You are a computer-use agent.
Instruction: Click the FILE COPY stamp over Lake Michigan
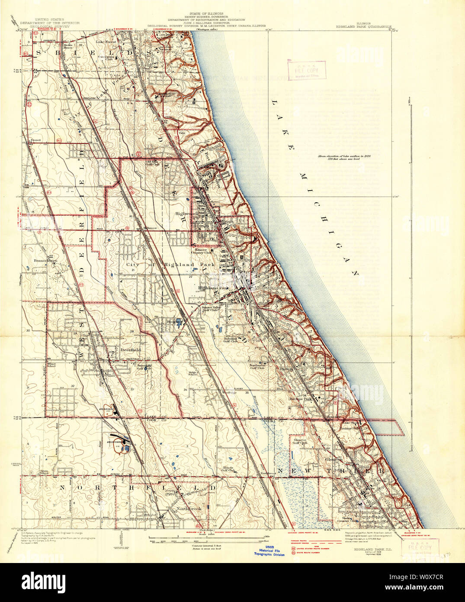pos(306,70)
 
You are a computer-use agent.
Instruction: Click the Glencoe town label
pos(334,460)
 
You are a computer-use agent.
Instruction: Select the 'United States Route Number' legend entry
pos(313,548)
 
